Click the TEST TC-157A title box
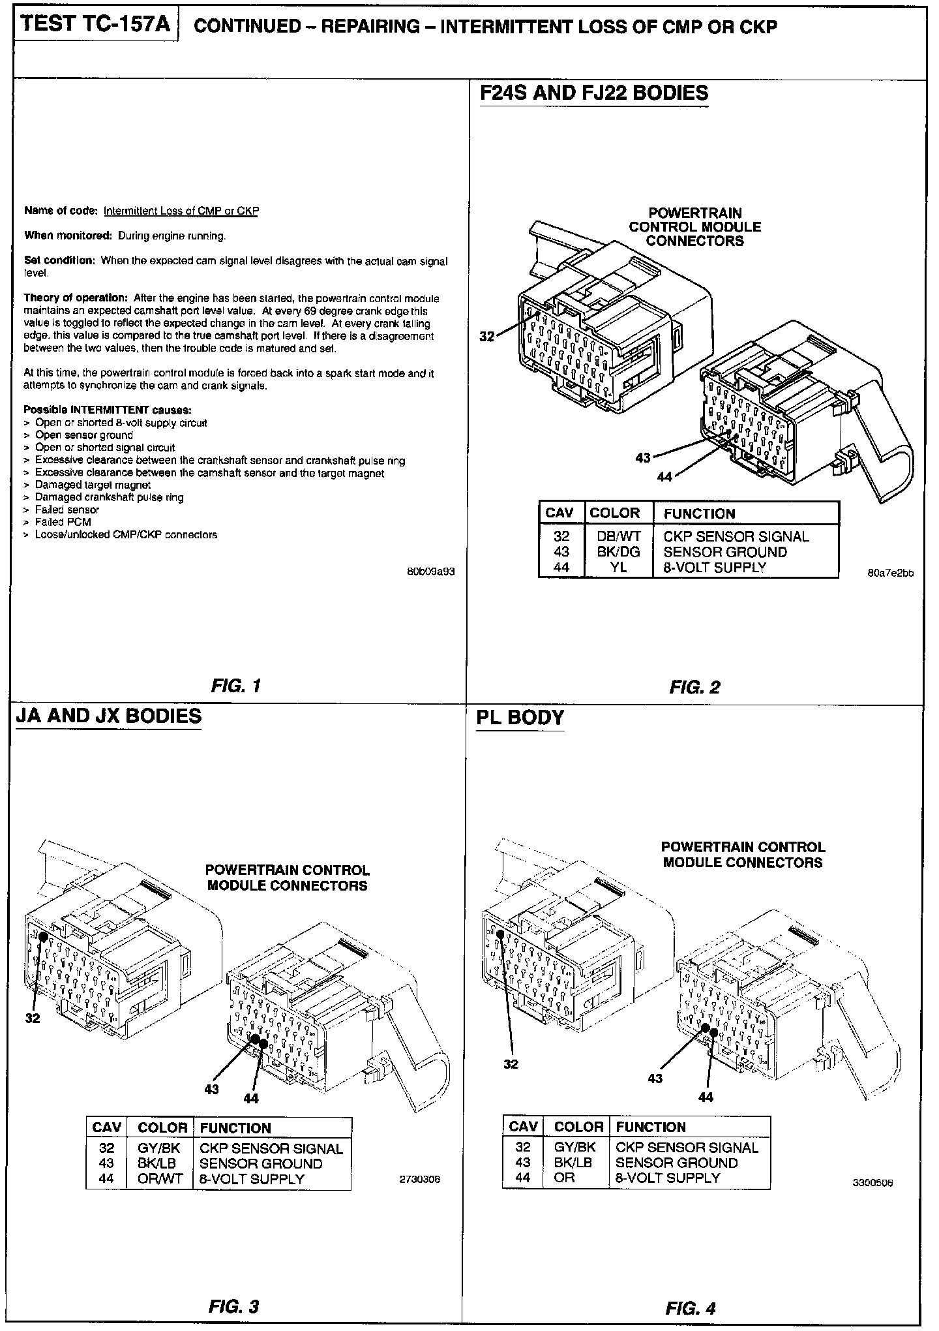(x=96, y=25)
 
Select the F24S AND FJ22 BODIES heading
(x=593, y=93)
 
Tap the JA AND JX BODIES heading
(x=108, y=716)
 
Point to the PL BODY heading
(x=520, y=718)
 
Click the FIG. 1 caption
(x=236, y=686)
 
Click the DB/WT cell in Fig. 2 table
(x=619, y=536)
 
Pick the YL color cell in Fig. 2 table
(x=619, y=568)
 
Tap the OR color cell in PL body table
(x=565, y=1178)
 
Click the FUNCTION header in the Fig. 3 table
(x=235, y=1128)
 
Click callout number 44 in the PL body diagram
(x=706, y=1097)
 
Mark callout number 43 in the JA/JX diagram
(x=211, y=1089)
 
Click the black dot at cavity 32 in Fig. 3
(x=43, y=936)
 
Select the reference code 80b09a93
(x=430, y=572)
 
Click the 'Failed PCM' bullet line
(x=63, y=522)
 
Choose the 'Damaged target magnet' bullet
(x=93, y=485)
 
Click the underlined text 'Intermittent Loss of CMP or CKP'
(x=181, y=211)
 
